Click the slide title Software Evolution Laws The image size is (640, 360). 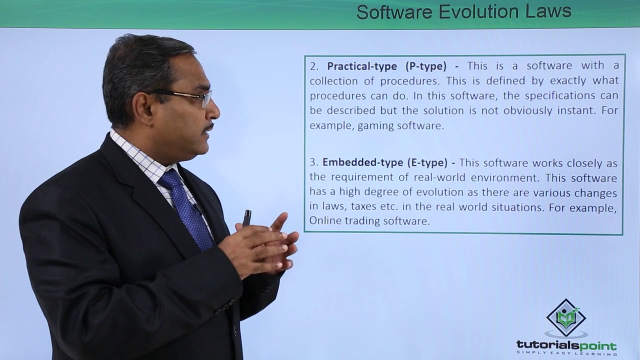[x=463, y=11]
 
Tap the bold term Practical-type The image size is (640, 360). [x=362, y=66]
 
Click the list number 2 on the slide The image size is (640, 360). [x=314, y=66]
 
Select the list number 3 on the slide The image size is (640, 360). [x=313, y=162]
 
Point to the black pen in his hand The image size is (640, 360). [x=246, y=217]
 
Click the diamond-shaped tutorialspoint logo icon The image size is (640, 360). [x=566, y=317]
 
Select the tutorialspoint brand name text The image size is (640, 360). [x=566, y=345]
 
